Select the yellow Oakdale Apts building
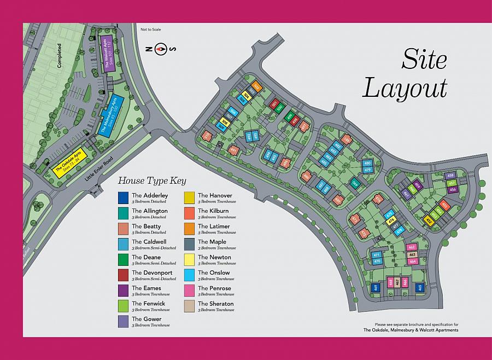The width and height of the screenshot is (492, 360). pos(68,162)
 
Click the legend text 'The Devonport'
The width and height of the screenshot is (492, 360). pos(151,272)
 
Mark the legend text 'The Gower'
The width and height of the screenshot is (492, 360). pos(146,319)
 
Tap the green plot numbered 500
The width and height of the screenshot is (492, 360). pos(279,108)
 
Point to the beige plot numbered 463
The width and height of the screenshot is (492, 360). pos(412,254)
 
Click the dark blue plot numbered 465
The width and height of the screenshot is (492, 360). pos(420,287)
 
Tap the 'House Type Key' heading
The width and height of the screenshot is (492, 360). pos(153,181)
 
